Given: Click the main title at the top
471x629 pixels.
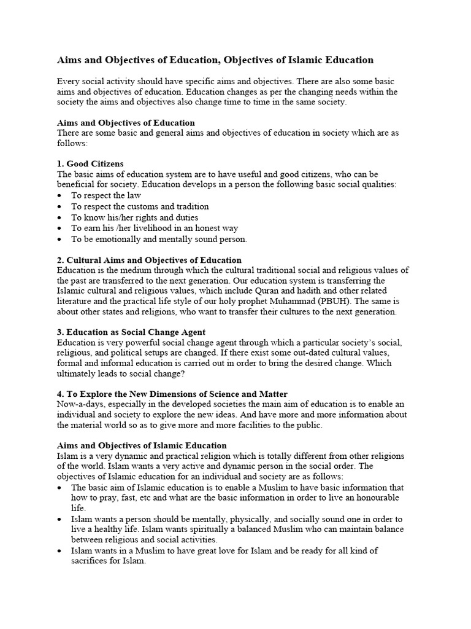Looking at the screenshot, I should pos(215,60).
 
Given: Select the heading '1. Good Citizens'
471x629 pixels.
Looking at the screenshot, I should pos(90,163).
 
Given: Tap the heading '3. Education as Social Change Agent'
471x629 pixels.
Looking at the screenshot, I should pos(131,332).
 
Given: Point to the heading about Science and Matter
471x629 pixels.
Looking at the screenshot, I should pos(172,394).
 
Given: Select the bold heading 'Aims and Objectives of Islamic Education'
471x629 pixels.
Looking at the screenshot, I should pos(142,445).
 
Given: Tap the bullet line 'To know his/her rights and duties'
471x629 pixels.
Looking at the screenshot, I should pos(134,217).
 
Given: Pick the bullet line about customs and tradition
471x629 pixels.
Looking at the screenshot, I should pos(140,206).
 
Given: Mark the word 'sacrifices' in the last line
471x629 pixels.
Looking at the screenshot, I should pos(91,561).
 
